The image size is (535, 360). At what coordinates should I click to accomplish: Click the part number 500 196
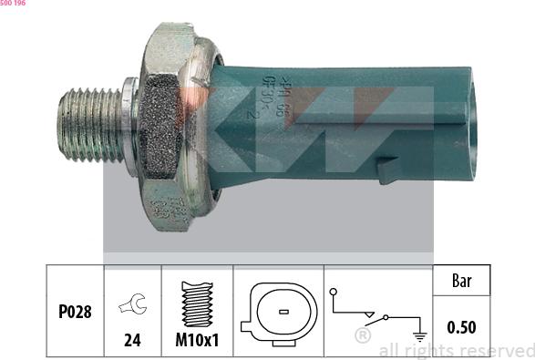pyautogui.click(x=13, y=5)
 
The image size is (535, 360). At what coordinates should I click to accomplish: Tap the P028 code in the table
pyautogui.click(x=75, y=312)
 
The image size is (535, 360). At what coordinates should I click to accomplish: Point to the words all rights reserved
pyautogui.click(x=456, y=350)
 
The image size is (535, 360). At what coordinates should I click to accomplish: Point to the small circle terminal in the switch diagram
pyautogui.click(x=334, y=292)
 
